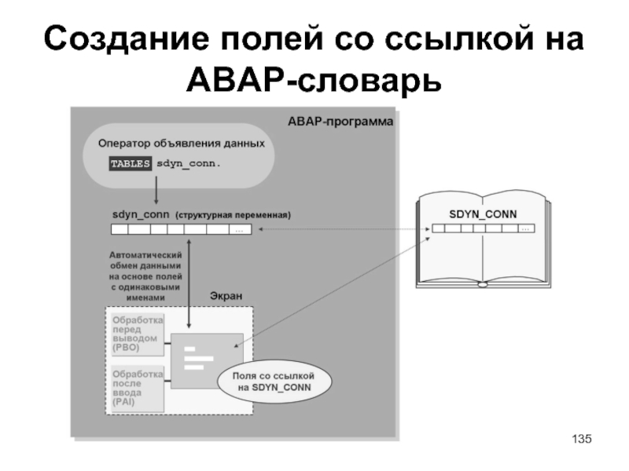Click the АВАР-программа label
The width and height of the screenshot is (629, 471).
point(340,122)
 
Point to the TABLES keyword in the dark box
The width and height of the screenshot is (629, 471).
point(130,164)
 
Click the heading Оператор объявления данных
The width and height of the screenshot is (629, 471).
point(181,144)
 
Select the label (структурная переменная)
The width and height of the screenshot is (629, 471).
point(233,214)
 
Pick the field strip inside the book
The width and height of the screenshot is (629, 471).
point(482,228)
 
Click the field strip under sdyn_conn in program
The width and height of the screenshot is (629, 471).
point(181,230)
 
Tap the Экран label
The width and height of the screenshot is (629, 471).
point(226,295)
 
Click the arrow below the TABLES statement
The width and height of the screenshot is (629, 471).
point(156,190)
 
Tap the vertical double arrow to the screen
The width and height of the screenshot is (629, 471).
point(189,283)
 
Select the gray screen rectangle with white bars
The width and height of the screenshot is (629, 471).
point(208,360)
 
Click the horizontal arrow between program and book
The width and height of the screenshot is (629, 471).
point(342,229)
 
